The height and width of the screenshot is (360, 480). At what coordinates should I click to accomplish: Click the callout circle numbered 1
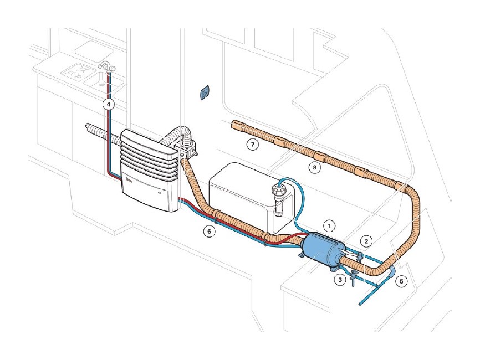329,226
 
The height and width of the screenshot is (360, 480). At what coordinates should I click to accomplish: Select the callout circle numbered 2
366,241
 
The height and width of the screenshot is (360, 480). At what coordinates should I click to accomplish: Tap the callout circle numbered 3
340,280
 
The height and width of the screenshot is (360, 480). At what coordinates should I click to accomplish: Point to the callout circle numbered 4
108,104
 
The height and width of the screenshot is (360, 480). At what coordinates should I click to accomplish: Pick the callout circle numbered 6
210,232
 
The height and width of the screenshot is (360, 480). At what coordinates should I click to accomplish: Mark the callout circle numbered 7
253,144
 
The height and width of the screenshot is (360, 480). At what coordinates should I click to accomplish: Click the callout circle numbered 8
315,167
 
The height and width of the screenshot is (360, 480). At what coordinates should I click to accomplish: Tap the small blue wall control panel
205,92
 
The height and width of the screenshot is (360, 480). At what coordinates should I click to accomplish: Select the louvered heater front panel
150,170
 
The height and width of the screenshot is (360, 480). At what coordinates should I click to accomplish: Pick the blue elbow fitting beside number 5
392,272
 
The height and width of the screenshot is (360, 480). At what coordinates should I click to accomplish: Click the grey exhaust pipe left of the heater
103,133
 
